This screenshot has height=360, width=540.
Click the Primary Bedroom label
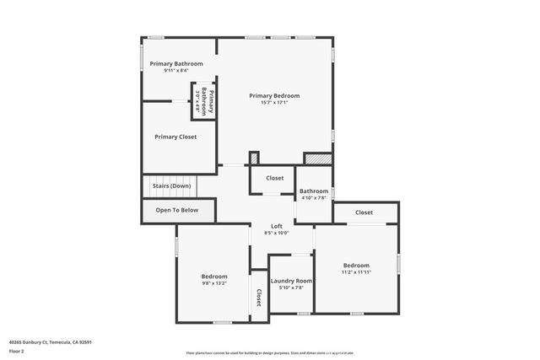click(274, 95)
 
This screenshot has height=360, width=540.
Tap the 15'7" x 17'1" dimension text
click(274, 103)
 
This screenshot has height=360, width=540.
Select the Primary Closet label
click(175, 136)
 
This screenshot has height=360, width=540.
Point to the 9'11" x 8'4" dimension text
click(175, 71)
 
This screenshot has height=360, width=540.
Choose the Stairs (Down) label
click(171, 185)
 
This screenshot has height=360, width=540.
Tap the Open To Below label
click(177, 210)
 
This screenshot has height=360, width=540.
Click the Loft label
click(276, 226)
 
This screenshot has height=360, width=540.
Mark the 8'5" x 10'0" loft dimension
click(276, 234)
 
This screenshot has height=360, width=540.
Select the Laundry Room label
click(292, 281)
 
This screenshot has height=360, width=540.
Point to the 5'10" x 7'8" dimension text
click(292, 287)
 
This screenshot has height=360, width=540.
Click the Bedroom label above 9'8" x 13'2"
click(214, 277)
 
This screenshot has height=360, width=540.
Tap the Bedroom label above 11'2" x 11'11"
click(355, 265)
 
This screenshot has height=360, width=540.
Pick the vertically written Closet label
click(259, 298)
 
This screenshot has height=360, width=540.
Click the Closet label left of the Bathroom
click(275, 178)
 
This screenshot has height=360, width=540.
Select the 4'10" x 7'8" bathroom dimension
click(314, 198)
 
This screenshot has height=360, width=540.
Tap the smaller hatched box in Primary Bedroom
click(253, 158)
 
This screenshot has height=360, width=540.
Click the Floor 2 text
click(17, 350)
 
